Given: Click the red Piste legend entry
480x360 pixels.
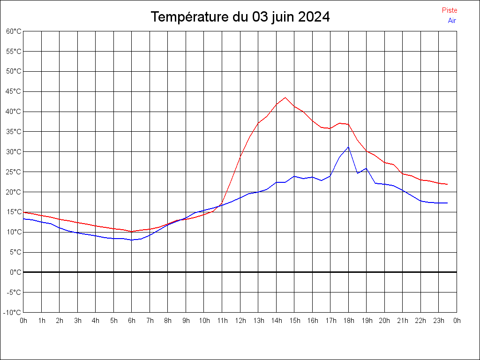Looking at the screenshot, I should coord(449,10).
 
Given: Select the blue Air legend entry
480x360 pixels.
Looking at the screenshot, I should coord(452,21).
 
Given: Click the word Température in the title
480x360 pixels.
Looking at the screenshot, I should coord(190,17).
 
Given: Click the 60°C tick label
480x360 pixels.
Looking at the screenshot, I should coord(14,31).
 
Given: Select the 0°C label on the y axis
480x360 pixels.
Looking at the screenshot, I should coord(15,272).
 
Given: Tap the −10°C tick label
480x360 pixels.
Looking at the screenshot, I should coord(13,313).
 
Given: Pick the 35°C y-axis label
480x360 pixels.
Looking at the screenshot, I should coord(14,132).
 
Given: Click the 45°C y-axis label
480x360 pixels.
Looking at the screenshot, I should coord(14,91).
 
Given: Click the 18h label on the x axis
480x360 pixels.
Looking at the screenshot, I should coord(349,321).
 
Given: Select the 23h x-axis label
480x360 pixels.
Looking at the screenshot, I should coord(439,321).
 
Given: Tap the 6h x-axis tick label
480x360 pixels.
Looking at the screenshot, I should coord(132,321).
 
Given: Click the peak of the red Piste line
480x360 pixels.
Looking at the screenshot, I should coord(285,97).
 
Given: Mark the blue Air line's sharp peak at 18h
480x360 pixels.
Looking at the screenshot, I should coord(348,147).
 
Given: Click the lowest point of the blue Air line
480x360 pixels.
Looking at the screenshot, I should coord(132,240).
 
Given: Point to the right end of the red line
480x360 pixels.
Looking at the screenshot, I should coord(448,184).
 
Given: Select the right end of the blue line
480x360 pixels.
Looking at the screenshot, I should coord(448,203).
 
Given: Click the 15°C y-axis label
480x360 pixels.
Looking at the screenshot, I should coord(14,212).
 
